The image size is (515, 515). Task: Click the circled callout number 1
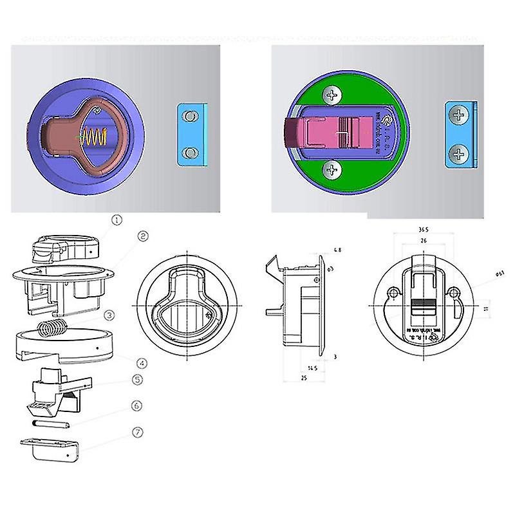pos(117,220)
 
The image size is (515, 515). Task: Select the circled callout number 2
pos(143,236)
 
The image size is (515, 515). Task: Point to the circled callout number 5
pos(137,380)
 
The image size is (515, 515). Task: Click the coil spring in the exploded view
pos(51,328)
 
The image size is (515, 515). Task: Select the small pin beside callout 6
pos(49,424)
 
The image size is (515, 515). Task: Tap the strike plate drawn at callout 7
pos(49,448)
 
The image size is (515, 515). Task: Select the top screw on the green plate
pos(333,96)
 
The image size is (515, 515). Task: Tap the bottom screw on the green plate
pos(333,170)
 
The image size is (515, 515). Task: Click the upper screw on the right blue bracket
pos(458,117)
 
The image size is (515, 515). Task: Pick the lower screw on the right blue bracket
pos(458,154)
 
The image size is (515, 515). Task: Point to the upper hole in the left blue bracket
pos(189,117)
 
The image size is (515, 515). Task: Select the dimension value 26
pos(424,241)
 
